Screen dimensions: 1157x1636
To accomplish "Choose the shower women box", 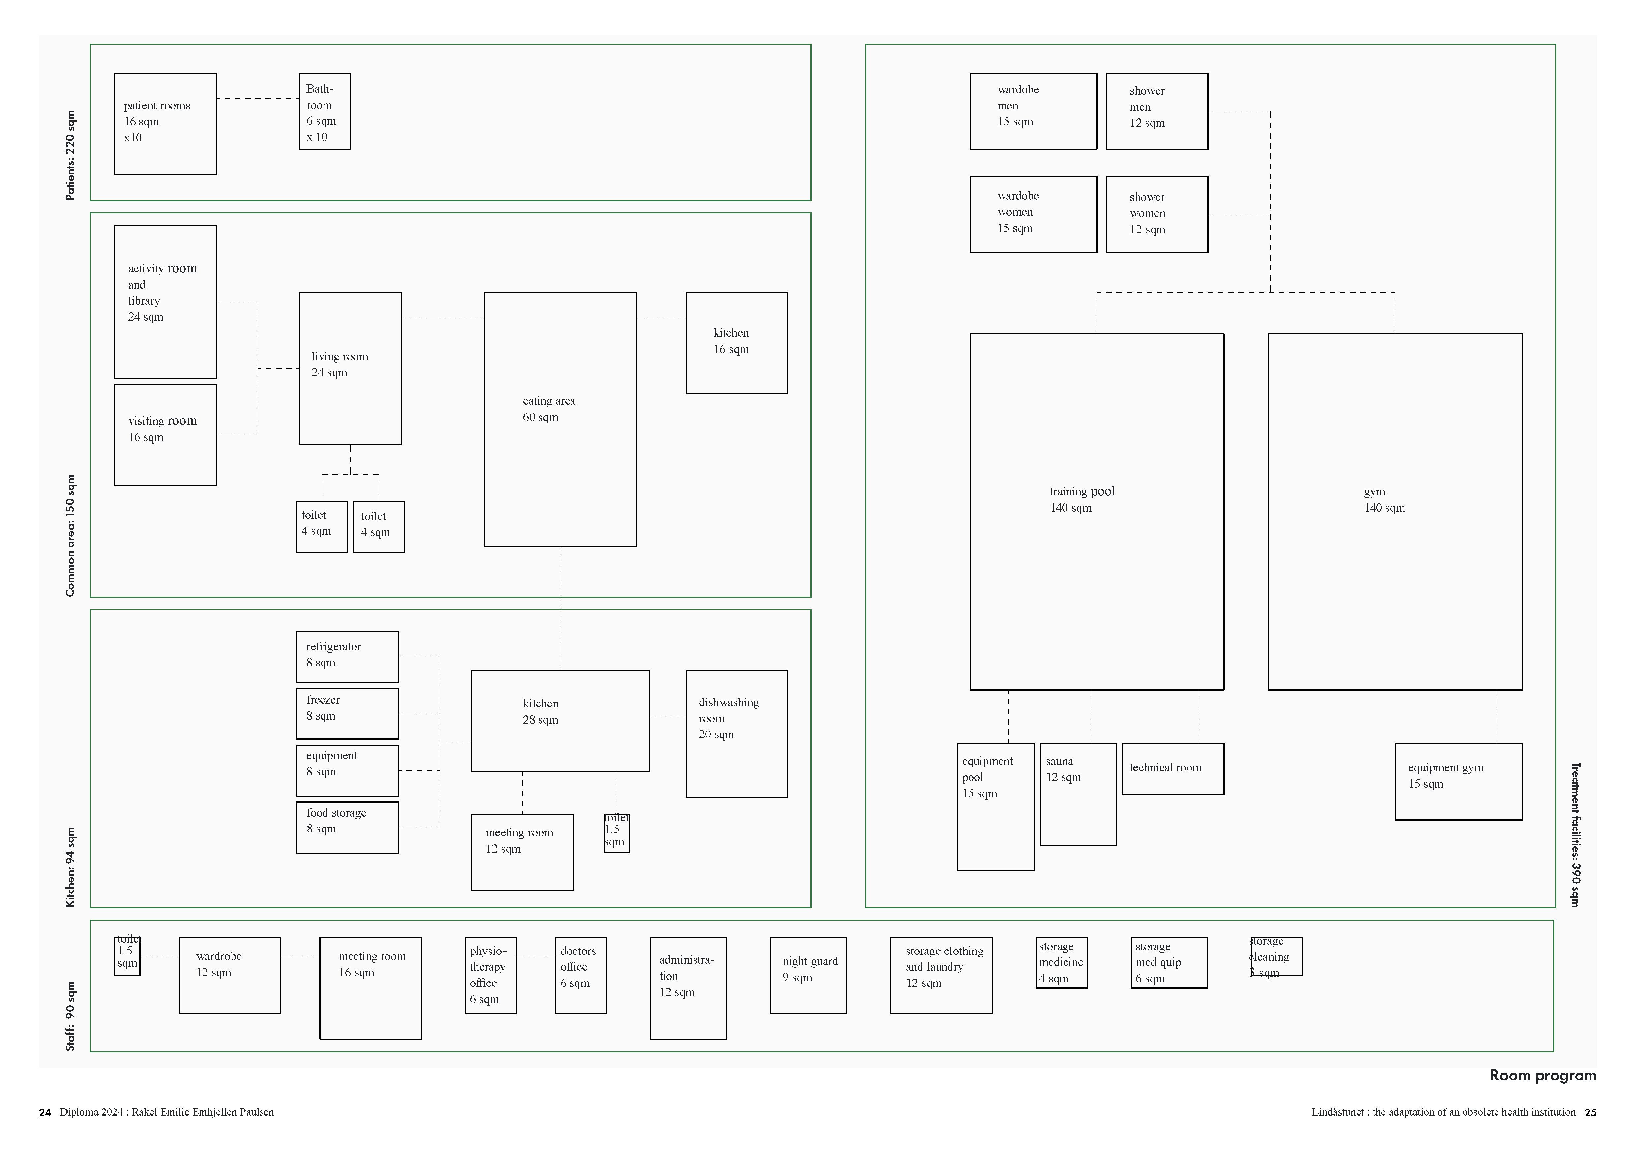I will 1157,214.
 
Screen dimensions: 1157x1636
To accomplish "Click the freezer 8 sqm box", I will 347,713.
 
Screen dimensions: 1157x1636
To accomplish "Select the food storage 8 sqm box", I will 347,827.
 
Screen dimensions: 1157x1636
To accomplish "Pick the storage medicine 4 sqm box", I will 1062,962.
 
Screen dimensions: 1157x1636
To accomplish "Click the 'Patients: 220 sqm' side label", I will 70,155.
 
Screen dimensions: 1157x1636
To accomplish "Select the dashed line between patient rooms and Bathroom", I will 257,98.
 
